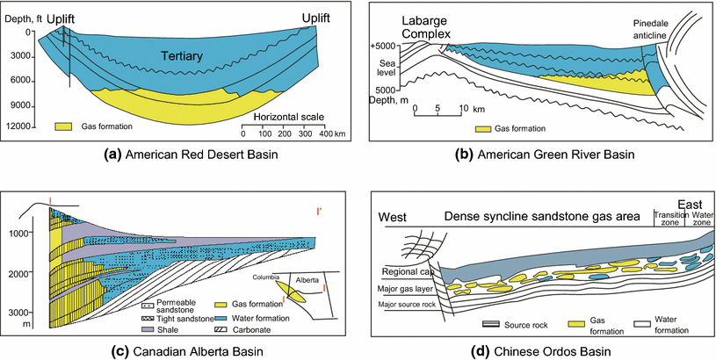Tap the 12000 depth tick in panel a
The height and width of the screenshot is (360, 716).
[18, 127]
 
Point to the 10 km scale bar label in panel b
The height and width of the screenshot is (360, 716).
[464, 110]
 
